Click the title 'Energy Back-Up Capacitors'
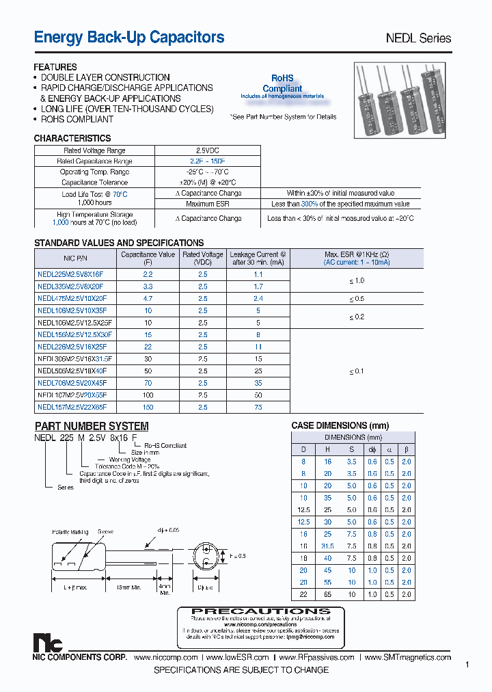coord(129,38)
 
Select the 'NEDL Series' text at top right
coord(418,38)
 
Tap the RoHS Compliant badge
coord(282,85)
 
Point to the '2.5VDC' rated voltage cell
coord(208,150)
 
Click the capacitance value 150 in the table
coord(148,407)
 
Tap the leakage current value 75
coord(258,407)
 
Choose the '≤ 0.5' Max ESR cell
coord(357,299)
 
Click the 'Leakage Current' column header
coord(258,258)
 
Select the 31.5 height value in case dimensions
coord(328,546)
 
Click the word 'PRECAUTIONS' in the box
coord(261,611)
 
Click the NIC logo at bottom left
coord(48,643)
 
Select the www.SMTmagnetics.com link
coord(408,657)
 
